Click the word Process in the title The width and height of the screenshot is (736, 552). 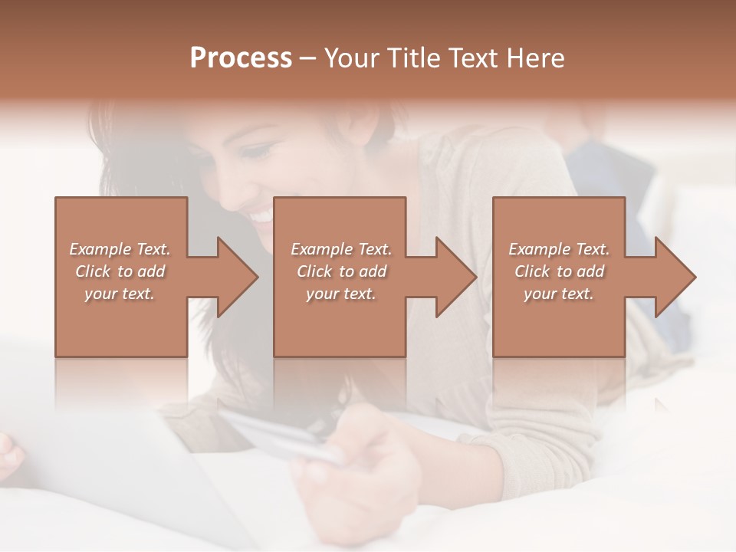tap(241, 58)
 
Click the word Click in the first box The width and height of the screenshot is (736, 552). tap(93, 271)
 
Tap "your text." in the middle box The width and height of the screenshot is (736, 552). tap(340, 294)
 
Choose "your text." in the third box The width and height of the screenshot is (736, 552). tap(558, 294)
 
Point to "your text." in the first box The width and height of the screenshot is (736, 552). tap(119, 294)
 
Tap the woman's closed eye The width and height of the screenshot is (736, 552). tap(259, 150)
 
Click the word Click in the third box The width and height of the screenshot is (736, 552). tap(532, 271)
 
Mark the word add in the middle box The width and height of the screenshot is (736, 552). tap(373, 271)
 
